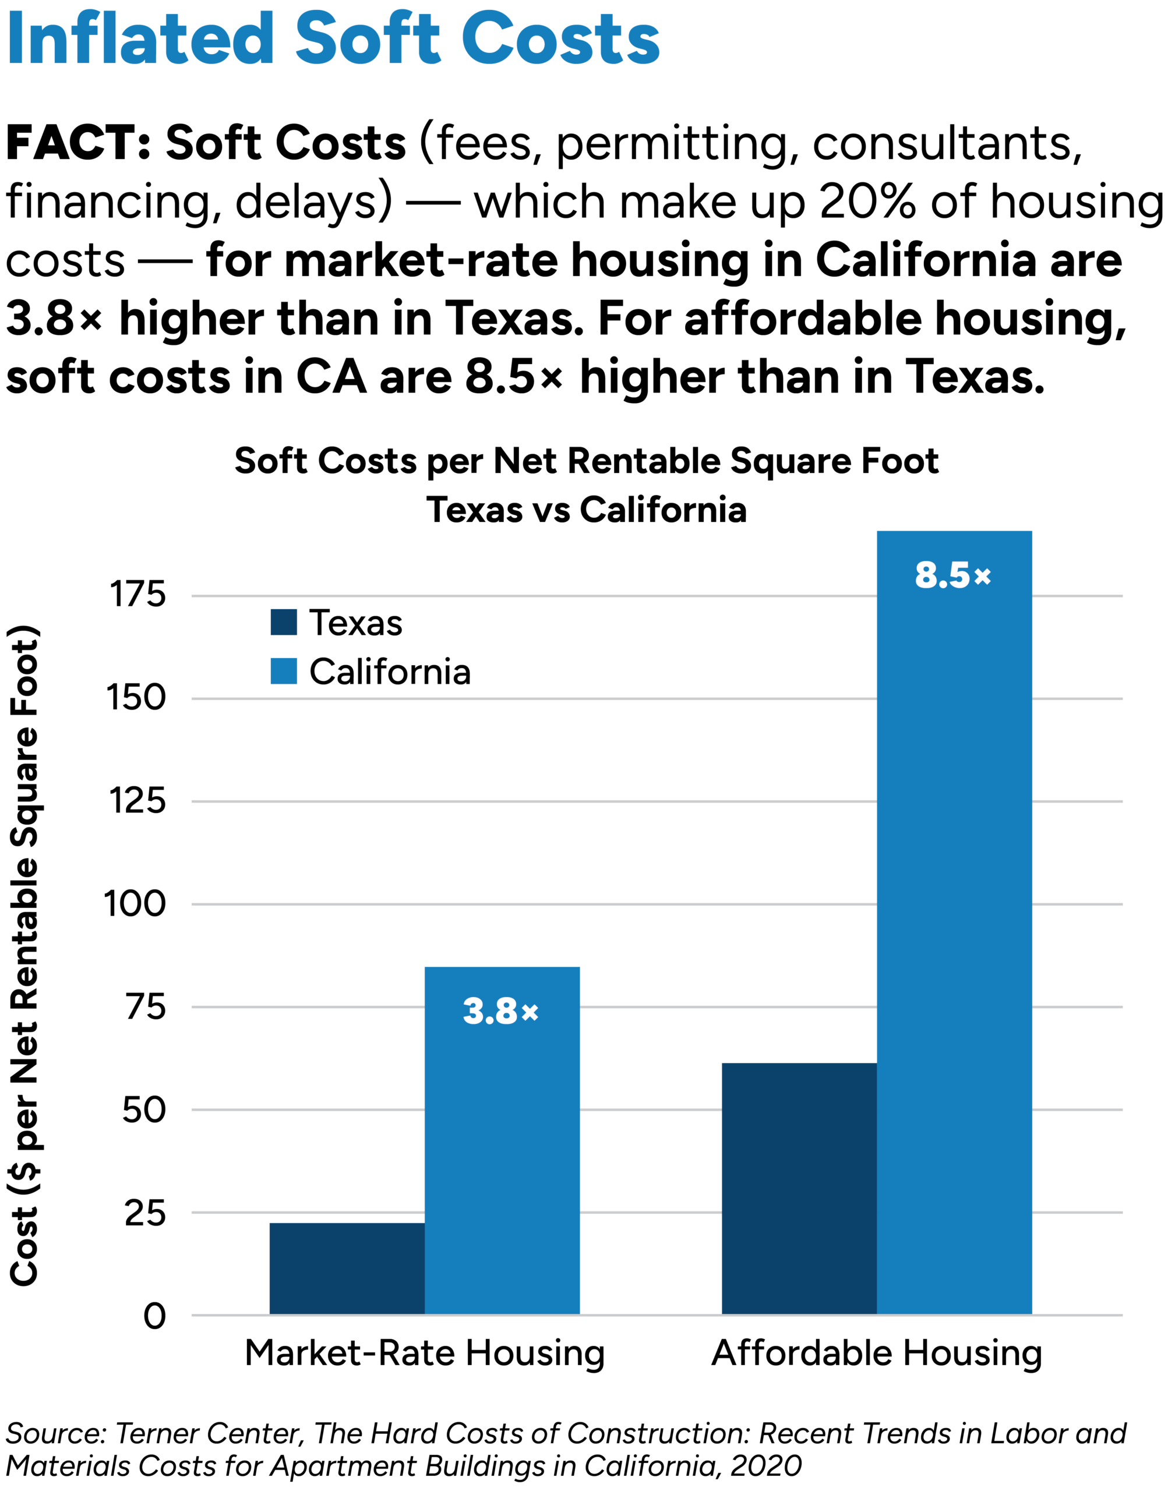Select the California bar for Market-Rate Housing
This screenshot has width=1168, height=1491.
point(502,1142)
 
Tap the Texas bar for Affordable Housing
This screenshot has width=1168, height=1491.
point(799,1189)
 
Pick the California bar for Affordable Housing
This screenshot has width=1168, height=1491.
point(954,923)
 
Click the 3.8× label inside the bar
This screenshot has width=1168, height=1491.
point(500,1011)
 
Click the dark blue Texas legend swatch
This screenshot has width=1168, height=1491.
point(284,622)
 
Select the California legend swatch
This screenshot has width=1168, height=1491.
point(284,672)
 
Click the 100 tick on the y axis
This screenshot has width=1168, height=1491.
point(135,904)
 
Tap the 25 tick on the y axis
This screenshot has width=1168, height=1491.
point(145,1213)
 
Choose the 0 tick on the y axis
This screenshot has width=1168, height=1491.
point(154,1316)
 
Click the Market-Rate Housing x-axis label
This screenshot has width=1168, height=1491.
point(425,1353)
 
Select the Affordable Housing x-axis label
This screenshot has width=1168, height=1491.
point(877,1353)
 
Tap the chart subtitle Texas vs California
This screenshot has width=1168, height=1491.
point(586,510)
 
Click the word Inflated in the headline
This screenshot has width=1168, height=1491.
point(140,39)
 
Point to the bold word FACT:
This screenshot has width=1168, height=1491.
point(78,143)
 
